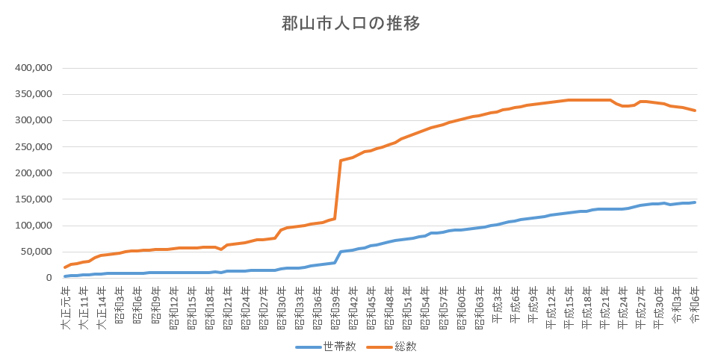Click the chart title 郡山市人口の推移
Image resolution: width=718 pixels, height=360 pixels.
[x=351, y=23]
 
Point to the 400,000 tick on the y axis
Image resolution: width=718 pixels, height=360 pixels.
[x=33, y=68]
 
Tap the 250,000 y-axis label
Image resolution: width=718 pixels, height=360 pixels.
[x=33, y=147]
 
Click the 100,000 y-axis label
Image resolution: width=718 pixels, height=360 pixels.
[x=33, y=226]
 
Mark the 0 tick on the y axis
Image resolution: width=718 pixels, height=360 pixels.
[x=47, y=278]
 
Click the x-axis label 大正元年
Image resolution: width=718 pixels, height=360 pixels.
[x=66, y=302]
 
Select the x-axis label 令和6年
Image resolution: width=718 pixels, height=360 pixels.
[x=694, y=302]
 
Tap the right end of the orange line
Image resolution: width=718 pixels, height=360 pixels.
[x=695, y=111]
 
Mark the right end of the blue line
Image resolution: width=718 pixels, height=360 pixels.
[x=695, y=202]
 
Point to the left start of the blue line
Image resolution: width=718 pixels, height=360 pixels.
[x=66, y=276]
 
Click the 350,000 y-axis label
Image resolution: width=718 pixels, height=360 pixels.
[x=33, y=94]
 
